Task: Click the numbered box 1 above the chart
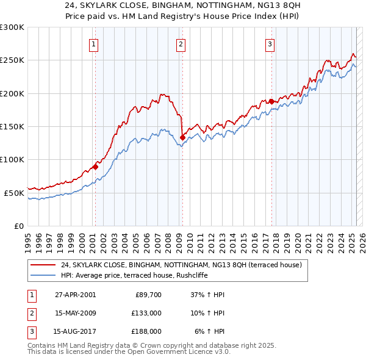click(x=94, y=43)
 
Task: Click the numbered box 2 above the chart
click(x=182, y=43)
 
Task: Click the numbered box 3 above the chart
click(x=270, y=43)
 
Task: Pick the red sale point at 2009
click(x=182, y=138)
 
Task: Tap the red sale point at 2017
click(x=271, y=101)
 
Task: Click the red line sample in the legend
click(x=43, y=265)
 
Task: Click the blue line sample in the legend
click(x=43, y=276)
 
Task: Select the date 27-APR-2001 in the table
click(x=76, y=295)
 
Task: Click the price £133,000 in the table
click(x=147, y=313)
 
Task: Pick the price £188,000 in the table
click(x=147, y=331)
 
